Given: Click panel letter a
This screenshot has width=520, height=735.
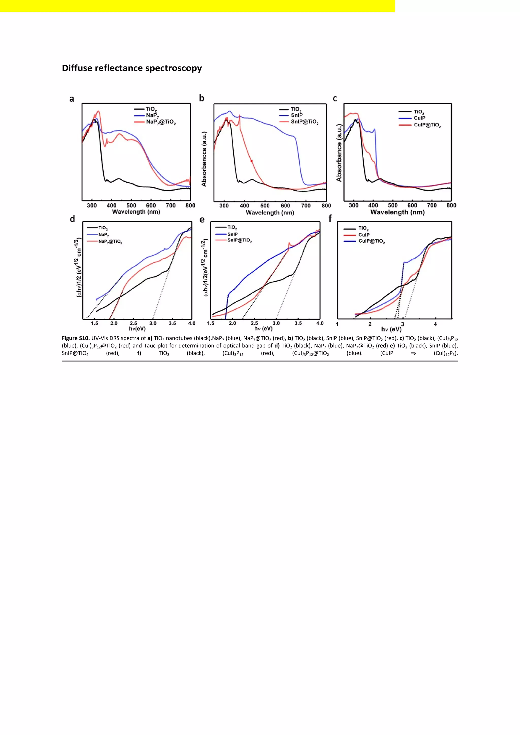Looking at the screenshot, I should click(x=72, y=99).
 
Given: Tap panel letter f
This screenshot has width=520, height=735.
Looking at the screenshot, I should click(x=330, y=218).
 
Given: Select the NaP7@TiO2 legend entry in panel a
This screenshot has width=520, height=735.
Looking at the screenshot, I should click(x=161, y=122).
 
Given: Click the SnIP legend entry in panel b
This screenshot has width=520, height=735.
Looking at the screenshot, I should click(x=297, y=115).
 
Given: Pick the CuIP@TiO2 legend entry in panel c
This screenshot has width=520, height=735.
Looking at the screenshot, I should click(x=427, y=125).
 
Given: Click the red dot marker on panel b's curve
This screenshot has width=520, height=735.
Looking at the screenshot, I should click(x=251, y=161).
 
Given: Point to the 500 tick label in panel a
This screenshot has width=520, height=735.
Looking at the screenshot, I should click(x=131, y=206).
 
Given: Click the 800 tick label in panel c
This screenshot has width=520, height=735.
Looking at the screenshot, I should click(x=451, y=205).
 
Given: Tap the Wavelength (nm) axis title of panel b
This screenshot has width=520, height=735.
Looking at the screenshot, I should click(x=270, y=213).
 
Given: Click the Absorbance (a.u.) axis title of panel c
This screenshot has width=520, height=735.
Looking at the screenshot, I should click(x=339, y=153).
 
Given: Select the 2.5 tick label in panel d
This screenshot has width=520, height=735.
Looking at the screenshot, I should click(x=133, y=323).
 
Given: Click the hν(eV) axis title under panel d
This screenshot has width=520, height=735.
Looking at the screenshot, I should click(x=137, y=329).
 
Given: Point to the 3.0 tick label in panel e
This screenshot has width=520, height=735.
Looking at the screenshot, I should click(x=276, y=323).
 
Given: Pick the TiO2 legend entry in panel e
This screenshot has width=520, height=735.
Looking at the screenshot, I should click(x=232, y=228).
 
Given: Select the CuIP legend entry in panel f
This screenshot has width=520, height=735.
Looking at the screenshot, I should click(x=364, y=235).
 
